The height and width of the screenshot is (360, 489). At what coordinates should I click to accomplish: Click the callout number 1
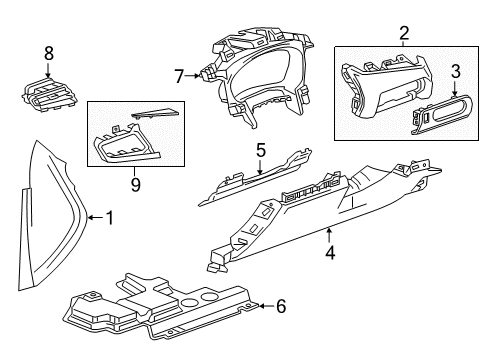[110, 217]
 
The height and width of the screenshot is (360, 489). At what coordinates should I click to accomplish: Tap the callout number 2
[404, 34]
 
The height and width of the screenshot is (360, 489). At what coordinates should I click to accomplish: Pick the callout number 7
[179, 76]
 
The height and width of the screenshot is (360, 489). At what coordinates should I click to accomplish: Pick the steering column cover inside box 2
[375, 90]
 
